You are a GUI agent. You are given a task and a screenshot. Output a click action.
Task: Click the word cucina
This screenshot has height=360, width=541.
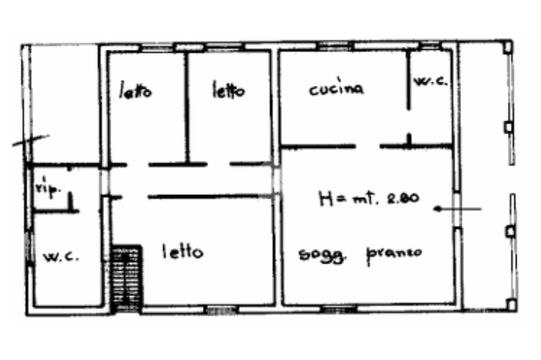pos(336,89)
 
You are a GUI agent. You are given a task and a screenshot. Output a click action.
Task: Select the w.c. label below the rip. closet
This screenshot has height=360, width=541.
pos(61,257)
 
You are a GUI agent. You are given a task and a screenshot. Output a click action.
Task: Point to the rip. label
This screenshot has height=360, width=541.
pos(47,191)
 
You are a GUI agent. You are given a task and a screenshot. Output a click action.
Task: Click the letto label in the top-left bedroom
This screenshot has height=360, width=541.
pos(135,91)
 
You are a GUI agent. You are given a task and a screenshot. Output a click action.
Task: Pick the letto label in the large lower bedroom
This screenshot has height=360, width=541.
pos(182,252)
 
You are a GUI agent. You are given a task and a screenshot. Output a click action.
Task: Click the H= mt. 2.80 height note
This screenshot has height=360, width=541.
pos(369,198)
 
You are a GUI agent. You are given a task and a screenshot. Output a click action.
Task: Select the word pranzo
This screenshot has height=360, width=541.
pos(395,253)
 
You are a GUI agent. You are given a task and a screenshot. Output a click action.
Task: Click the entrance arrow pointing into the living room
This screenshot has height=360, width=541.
pos(458,209)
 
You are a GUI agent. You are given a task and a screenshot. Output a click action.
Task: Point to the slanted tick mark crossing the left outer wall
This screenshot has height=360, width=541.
pos(31,140)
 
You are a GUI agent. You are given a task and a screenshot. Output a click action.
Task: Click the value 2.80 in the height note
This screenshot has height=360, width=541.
pos(402,198)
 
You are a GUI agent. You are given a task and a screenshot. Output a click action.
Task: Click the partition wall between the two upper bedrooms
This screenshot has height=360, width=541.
pos(187,106)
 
